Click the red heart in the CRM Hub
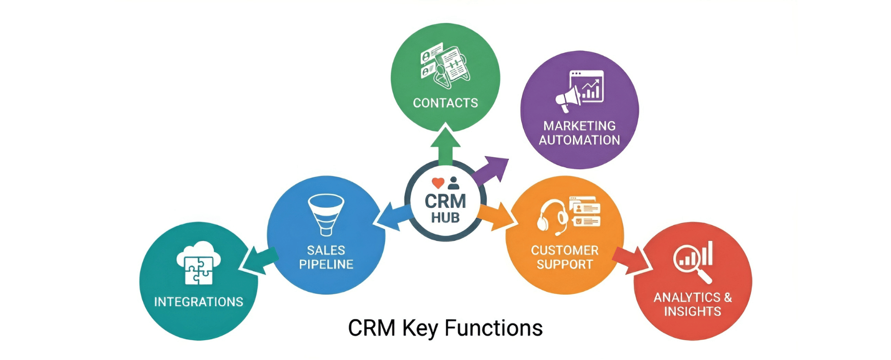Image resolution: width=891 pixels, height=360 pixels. (438, 183)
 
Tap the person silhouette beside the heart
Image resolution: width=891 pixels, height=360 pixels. (454, 183)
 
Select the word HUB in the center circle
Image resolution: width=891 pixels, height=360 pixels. (445, 218)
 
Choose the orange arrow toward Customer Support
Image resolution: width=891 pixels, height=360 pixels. (497, 216)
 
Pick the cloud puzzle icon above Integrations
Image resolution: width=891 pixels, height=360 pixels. (198, 263)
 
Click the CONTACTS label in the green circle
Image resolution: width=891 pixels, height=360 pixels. (445, 103)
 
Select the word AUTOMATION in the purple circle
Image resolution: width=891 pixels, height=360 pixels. (579, 140)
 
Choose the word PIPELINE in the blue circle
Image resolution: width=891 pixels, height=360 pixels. (326, 265)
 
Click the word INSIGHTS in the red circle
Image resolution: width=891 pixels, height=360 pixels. (693, 311)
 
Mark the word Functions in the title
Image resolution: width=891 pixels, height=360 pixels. (494, 328)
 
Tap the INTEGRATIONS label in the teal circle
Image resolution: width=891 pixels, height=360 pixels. (198, 302)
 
